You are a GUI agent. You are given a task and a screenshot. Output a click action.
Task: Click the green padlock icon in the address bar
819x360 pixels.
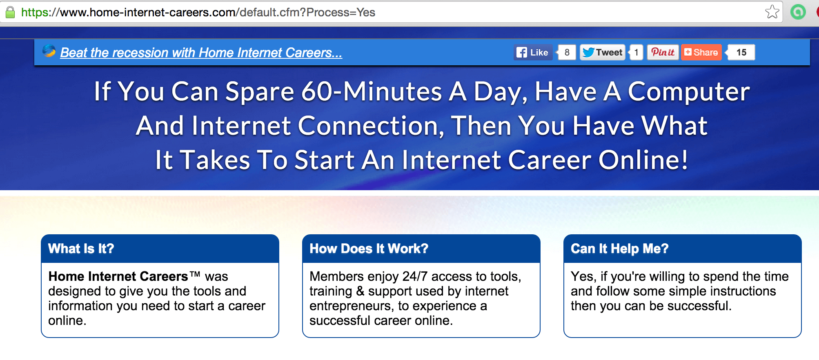coord(10,12)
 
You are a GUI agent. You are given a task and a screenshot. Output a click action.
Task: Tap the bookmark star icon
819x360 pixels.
coord(772,12)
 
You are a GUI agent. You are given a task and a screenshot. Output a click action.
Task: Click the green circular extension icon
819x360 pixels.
coord(798,12)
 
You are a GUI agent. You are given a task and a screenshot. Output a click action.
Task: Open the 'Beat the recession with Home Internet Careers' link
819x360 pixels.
coord(201,53)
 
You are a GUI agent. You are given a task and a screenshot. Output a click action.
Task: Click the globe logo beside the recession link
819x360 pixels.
coord(49,51)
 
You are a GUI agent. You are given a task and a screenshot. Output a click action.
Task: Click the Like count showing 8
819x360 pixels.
coord(567,52)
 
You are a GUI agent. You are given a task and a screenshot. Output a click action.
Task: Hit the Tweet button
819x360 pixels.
coord(603,52)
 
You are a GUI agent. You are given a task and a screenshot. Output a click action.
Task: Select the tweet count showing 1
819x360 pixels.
coord(636,52)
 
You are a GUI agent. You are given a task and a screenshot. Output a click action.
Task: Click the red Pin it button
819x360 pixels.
coord(663,52)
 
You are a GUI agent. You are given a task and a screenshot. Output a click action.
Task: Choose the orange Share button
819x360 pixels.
coord(701,52)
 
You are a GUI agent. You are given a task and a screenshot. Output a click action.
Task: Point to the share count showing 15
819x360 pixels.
coord(741,52)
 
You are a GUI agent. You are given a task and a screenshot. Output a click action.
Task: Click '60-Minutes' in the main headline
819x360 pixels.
coord(372,91)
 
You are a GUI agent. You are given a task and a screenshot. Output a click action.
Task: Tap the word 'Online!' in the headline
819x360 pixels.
coord(643,160)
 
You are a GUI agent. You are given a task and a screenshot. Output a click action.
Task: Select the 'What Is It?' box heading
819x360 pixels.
coord(81,249)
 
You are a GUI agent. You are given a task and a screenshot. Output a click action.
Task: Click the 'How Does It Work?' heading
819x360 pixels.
coord(369,249)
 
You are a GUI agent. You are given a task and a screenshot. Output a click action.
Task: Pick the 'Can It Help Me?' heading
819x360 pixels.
coord(620,249)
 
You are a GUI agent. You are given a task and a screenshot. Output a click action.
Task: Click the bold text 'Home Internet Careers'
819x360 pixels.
coord(118,276)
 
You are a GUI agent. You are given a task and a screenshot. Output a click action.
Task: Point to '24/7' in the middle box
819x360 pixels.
coord(415,276)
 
